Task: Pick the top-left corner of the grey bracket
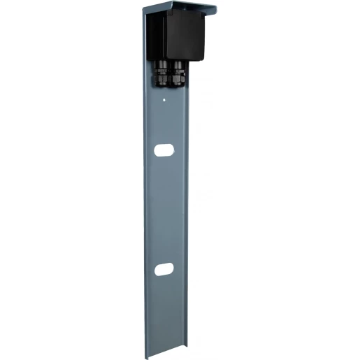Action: point(143,8)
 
